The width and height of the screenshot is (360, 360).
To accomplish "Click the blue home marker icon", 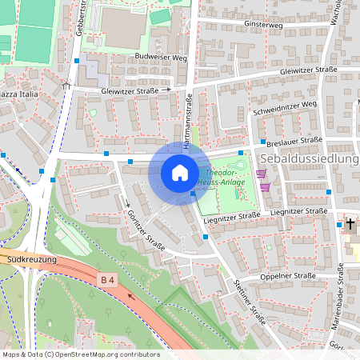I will click(x=180, y=172).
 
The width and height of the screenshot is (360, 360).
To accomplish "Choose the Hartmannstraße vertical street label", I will click(x=190, y=120).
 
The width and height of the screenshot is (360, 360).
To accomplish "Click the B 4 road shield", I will click(x=106, y=279).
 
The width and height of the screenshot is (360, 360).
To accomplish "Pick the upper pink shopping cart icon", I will click(x=261, y=173).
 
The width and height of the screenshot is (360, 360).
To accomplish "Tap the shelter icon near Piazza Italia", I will click(x=66, y=83).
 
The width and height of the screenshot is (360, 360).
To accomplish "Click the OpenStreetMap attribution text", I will click(x=80, y=354).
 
